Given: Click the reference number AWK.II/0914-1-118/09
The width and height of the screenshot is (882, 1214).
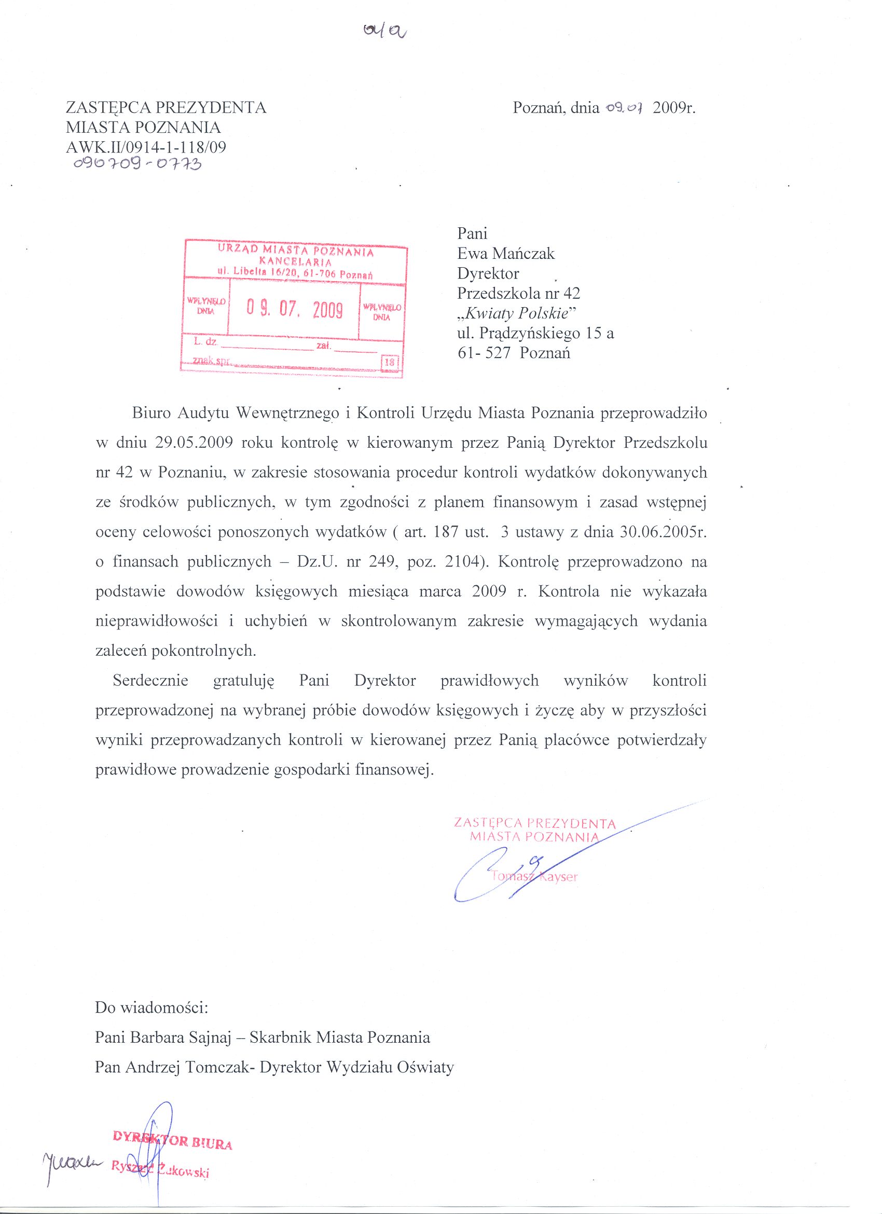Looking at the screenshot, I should tap(146, 147).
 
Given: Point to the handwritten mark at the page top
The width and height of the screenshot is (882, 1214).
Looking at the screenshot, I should tap(384, 32).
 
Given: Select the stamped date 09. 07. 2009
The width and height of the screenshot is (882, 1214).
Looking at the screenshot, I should tap(294, 310).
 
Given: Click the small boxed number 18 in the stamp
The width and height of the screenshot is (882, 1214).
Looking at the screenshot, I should tap(389, 362).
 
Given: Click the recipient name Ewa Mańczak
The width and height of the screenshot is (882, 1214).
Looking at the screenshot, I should tap(506, 253).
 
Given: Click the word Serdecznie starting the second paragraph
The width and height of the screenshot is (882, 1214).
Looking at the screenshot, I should tap(150, 681).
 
